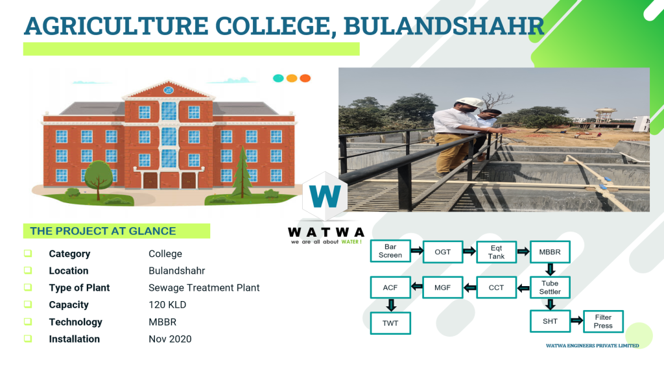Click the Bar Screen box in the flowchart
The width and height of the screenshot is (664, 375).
pyautogui.click(x=390, y=251)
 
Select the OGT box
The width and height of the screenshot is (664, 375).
pyautogui.click(x=442, y=252)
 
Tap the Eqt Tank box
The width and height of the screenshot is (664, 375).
pyautogui.click(x=496, y=252)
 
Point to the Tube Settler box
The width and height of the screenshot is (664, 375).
pyautogui.click(x=550, y=287)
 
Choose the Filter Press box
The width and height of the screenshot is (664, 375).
pyautogui.click(x=603, y=321)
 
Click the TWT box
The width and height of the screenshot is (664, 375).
pyautogui.click(x=390, y=323)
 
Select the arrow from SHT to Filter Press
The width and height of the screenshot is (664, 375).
pyautogui.click(x=576, y=321)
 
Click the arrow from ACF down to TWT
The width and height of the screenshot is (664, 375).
pyautogui.click(x=391, y=305)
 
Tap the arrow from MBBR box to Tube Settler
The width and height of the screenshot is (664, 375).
pyautogui.click(x=550, y=269)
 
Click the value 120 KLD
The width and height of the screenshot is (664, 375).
pyautogui.click(x=167, y=305)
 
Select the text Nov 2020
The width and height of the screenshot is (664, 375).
pyautogui.click(x=170, y=339)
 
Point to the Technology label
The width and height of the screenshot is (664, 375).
pyautogui.click(x=75, y=322)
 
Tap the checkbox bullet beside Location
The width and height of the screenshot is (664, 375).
pyautogui.click(x=28, y=271)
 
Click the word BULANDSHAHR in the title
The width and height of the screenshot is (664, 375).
pyautogui.click(x=444, y=26)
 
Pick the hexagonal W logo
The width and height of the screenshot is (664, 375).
pyautogui.click(x=326, y=196)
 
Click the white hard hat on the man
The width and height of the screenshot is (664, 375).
pyautogui.click(x=469, y=103)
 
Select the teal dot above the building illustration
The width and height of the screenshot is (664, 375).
pyautogui.click(x=278, y=78)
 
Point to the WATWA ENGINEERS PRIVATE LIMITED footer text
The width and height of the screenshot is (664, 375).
pyautogui.click(x=593, y=346)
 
